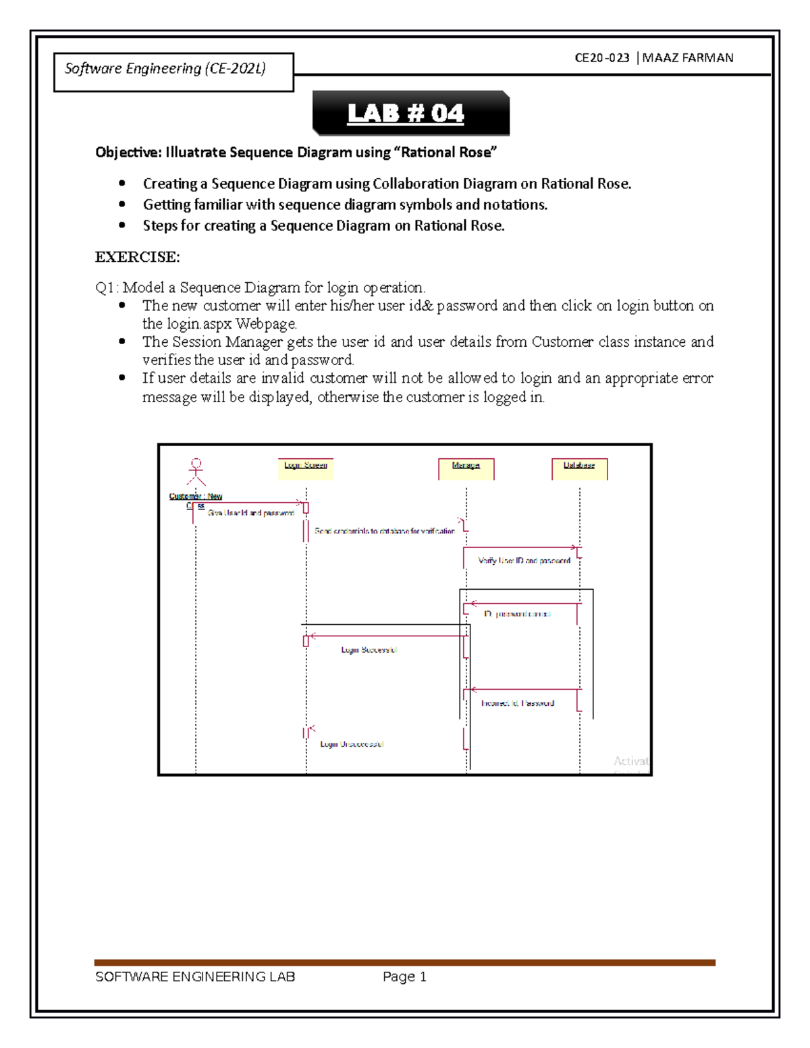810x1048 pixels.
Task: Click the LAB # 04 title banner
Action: tap(410, 113)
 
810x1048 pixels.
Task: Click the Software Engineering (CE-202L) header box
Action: tap(173, 72)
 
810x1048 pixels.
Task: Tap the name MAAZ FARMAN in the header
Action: tap(688, 58)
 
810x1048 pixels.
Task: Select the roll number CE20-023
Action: tap(601, 58)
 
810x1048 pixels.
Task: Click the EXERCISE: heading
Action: tap(137, 257)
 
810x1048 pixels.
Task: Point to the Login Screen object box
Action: tap(306, 468)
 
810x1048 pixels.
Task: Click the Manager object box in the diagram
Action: tap(466, 468)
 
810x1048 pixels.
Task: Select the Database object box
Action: tap(579, 468)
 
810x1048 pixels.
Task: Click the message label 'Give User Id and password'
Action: tap(250, 513)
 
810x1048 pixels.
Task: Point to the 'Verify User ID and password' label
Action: tap(524, 561)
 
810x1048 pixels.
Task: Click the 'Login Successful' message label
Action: tap(369, 650)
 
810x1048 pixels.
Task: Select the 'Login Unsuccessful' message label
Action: tap(352, 744)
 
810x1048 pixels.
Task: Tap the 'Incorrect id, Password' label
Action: tap(517, 703)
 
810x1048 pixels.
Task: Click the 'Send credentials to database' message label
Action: tap(384, 531)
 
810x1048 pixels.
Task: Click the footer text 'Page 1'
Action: tap(404, 976)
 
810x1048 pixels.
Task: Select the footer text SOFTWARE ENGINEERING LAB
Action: tap(195, 976)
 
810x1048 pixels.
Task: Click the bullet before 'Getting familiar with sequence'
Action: tap(122, 204)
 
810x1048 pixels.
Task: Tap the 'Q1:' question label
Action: tap(107, 288)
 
